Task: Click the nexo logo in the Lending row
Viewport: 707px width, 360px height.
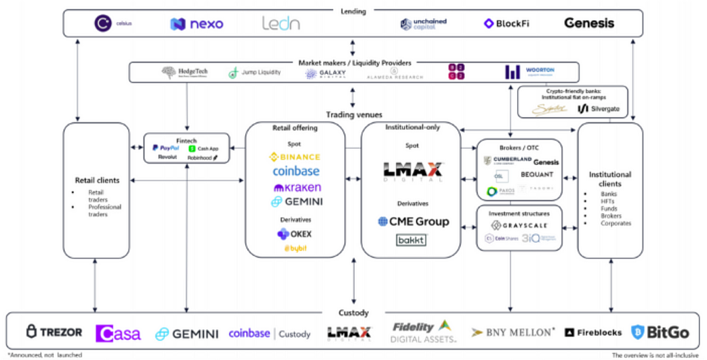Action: pyautogui.click(x=197, y=24)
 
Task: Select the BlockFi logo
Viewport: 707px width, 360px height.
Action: pyautogui.click(x=506, y=24)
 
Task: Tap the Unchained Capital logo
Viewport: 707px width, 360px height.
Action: pyautogui.click(x=423, y=24)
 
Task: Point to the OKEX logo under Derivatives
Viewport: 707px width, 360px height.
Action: pyautogui.click(x=294, y=234)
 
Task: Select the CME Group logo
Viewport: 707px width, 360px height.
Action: pyautogui.click(x=413, y=221)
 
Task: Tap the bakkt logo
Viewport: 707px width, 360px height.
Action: pyautogui.click(x=411, y=240)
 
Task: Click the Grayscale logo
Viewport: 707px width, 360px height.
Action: pyautogui.click(x=519, y=225)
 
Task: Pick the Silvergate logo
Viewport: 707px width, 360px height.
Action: pyautogui.click(x=599, y=108)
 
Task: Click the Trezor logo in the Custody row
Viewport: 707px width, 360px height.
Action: pyautogui.click(x=54, y=332)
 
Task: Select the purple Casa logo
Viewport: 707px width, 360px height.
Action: pyautogui.click(x=119, y=333)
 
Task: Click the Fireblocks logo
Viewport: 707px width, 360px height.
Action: pyautogui.click(x=593, y=332)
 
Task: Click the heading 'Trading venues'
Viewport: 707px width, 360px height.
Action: pyautogui.click(x=353, y=115)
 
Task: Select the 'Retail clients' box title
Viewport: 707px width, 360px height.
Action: pyautogui.click(x=96, y=180)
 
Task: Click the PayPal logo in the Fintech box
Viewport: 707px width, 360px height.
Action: pyautogui.click(x=165, y=147)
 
